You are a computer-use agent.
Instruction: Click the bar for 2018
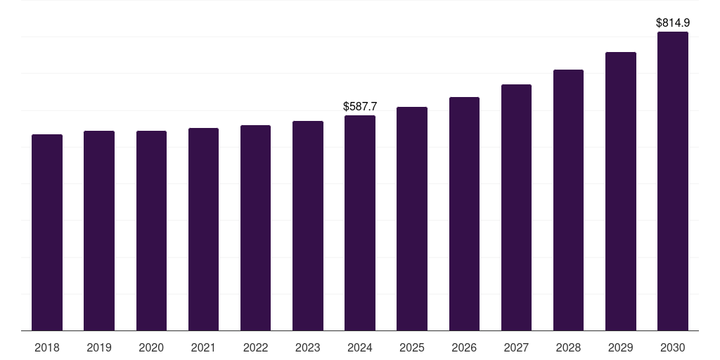47,232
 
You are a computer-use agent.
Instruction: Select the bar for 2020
151,231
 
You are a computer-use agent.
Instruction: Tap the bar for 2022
255,228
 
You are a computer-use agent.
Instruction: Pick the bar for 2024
360,223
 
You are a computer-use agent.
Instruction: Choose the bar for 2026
464,214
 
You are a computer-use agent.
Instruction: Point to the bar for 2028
568,200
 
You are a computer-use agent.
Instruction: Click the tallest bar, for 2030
673,181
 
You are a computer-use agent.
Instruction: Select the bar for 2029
621,191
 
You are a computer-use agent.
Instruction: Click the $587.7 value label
360,106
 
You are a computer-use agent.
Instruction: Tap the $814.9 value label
673,22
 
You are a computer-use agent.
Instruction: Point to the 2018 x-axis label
47,347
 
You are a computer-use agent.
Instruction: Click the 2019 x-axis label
99,347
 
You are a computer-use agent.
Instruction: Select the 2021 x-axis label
203,347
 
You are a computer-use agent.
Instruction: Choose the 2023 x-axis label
308,347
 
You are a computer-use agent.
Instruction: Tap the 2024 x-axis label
360,347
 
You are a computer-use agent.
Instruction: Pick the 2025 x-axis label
412,347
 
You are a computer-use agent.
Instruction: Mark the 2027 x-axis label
516,347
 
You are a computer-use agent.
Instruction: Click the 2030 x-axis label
673,347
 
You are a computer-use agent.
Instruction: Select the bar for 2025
412,219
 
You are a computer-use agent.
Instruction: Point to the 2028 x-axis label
568,347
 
